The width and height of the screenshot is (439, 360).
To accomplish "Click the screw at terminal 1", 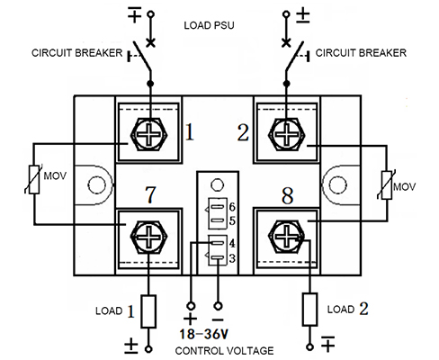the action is pos(149,134).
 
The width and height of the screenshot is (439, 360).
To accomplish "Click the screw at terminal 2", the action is pos(287,134).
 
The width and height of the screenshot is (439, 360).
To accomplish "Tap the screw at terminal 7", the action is pos(149,237).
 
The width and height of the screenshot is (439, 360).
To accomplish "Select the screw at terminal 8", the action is pos(287,237).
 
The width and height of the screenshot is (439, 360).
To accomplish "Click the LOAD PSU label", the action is pos(209,25).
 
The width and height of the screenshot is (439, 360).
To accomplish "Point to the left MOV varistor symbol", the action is pos(34,179).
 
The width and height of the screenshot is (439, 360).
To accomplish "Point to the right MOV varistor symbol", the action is pos(387,185).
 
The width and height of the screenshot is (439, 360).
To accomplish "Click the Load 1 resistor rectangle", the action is pos(148,311).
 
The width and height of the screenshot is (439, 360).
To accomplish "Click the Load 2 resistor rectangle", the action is pos(310,310).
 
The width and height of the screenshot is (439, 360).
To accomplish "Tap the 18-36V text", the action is pos(203,334).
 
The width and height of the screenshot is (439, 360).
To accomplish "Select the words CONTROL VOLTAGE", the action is pos(224,351).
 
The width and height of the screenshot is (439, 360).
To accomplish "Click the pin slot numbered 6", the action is pos(218,207).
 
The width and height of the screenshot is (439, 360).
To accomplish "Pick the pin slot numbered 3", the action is pos(218,257).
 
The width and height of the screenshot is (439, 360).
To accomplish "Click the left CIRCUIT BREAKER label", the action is pos(77,53).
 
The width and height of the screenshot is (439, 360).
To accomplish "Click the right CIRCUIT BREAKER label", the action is pos(361,53).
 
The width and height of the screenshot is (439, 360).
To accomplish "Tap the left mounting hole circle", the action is pos(96,184).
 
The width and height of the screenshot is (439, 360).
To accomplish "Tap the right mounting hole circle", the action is pos(338,184).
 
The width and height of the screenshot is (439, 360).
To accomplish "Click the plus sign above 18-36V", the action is pos(190,319).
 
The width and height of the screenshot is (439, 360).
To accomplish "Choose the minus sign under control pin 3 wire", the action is pos(218,319).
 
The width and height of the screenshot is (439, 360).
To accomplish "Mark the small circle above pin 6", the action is pos(217,185).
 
